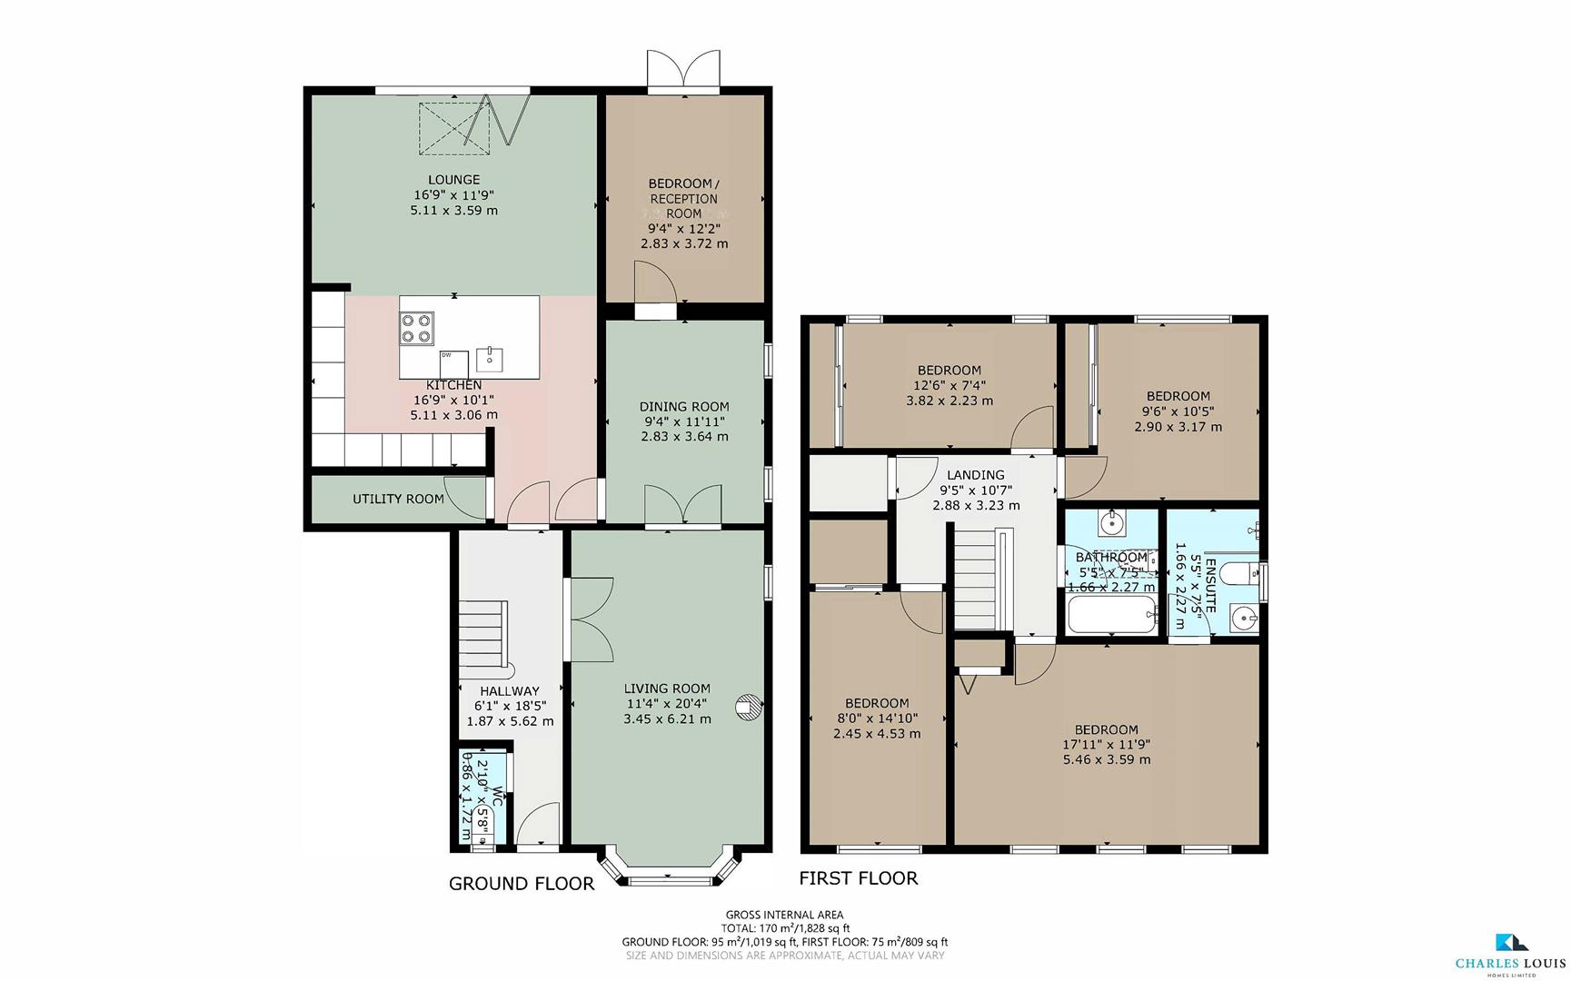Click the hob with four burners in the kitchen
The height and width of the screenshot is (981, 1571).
coord(417,327)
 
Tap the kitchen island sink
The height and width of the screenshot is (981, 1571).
coord(489,358)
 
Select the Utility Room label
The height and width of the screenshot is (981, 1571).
coord(398,499)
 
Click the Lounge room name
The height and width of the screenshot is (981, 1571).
coord(453,180)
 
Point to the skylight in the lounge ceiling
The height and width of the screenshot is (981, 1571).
coord(453,124)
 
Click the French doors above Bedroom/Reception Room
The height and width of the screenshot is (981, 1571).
coord(683,71)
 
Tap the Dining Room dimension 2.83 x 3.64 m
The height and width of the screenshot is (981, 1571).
coord(683,436)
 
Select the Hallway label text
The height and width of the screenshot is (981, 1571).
coord(510,691)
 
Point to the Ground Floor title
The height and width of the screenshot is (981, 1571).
coord(522,884)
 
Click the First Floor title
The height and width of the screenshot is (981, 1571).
coord(858,877)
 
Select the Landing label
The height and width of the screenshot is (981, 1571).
coord(975,475)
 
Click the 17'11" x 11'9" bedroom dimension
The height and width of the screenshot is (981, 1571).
coord(1106,745)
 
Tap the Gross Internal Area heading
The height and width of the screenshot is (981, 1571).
coord(784,915)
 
